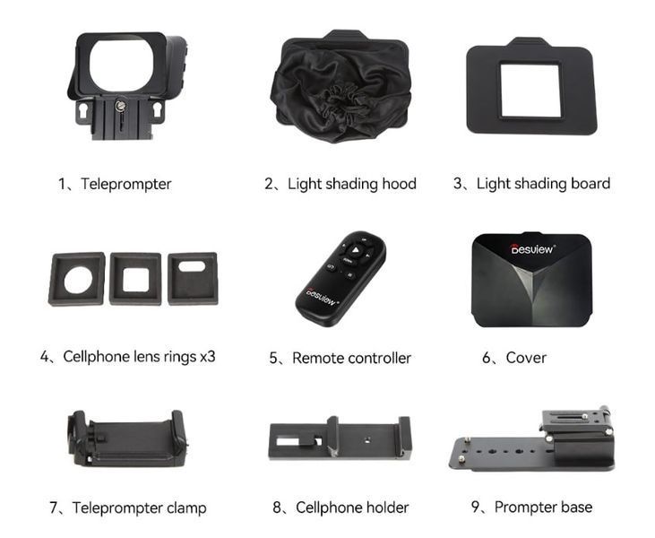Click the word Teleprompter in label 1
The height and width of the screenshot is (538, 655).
(126, 184)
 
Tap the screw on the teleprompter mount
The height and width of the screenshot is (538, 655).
(120, 106)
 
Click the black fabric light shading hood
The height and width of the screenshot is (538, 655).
(341, 87)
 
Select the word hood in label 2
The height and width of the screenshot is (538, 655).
(398, 184)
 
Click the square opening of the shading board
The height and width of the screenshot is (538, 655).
(530, 91)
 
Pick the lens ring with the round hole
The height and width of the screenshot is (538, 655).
(77, 279)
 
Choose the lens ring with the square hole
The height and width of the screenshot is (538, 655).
(135, 279)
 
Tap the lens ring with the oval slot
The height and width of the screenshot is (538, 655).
(193, 278)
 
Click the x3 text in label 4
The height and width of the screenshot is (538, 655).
(207, 357)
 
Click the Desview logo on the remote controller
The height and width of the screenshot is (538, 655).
(322, 297)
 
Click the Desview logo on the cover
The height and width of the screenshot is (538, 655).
(533, 249)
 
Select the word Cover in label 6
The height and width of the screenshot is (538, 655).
(526, 358)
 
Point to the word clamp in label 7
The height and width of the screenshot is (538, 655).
(186, 508)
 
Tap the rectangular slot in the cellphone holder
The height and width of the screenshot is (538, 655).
(289, 441)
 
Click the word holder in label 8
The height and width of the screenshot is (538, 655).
(387, 508)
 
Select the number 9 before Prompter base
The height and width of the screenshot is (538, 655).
(476, 508)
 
